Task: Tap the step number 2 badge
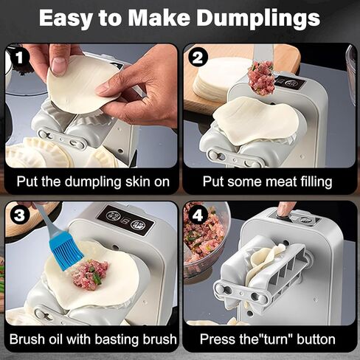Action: [x=197, y=57]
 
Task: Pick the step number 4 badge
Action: [x=197, y=215]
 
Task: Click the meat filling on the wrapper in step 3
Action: [x=89, y=274]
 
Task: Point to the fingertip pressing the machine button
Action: [x=284, y=211]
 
